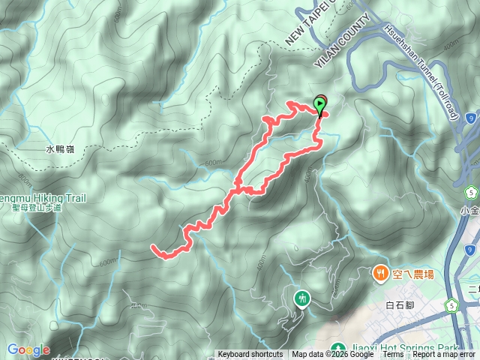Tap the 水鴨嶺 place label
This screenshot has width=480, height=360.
pos(61,149)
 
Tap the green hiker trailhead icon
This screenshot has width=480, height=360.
pos(303,298)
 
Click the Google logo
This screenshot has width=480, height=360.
pos(28,349)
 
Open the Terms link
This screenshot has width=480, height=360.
pos(393,355)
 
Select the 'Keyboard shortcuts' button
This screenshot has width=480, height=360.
pos(250,355)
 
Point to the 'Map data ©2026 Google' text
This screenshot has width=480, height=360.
pos(332,355)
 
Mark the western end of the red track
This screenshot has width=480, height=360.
pos(153,247)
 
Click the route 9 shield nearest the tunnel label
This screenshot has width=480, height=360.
pos(469,118)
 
